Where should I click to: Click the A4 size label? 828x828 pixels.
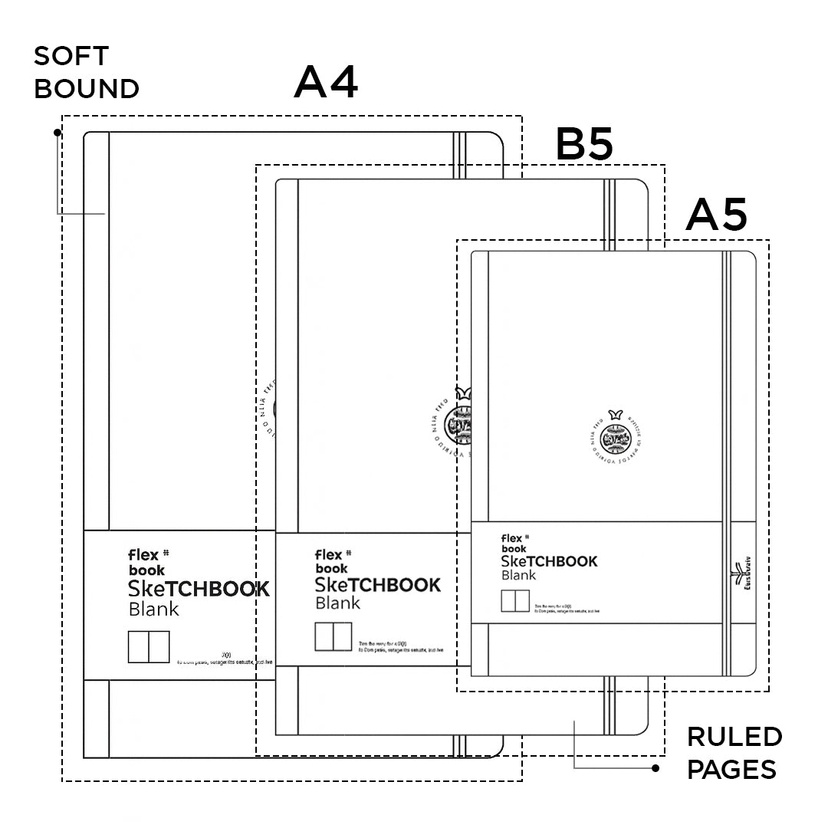[x=326, y=82]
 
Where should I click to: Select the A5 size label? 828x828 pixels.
[x=716, y=215]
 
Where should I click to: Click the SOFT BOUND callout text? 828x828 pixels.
[x=86, y=72]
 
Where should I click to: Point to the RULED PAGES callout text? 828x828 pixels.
[x=734, y=752]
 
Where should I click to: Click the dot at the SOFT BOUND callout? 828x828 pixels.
[x=58, y=133]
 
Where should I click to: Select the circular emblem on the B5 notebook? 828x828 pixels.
[x=460, y=418]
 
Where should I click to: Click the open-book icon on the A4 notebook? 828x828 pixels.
[x=149, y=646]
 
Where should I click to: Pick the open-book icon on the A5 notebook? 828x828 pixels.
[x=515, y=601]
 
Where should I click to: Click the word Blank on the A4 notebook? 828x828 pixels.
[x=154, y=609]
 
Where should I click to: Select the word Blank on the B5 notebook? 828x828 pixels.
[x=338, y=603]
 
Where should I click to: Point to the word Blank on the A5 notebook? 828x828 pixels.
[x=519, y=575]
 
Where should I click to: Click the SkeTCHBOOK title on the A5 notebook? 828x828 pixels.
[x=549, y=561]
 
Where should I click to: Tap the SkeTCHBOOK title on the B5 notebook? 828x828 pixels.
[x=378, y=585]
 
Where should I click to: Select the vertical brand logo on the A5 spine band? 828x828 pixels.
[x=739, y=575]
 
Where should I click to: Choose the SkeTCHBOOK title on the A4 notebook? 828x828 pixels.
[x=199, y=589]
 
